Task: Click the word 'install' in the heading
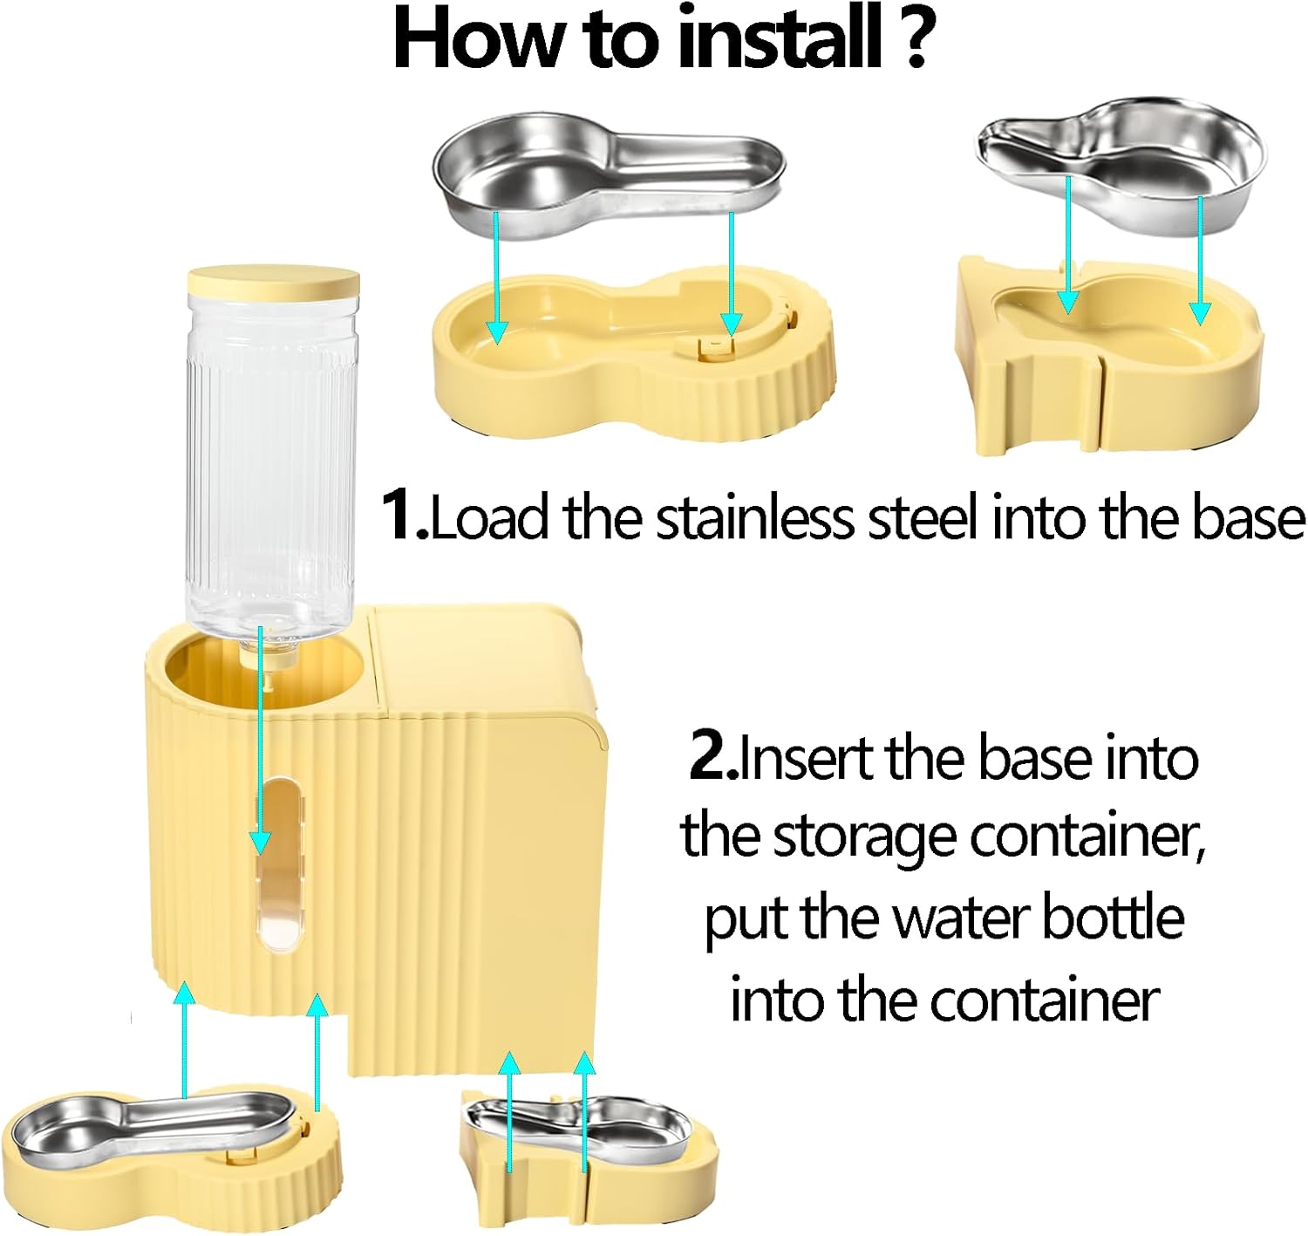coord(778,38)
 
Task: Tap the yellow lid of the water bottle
coord(273,282)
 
